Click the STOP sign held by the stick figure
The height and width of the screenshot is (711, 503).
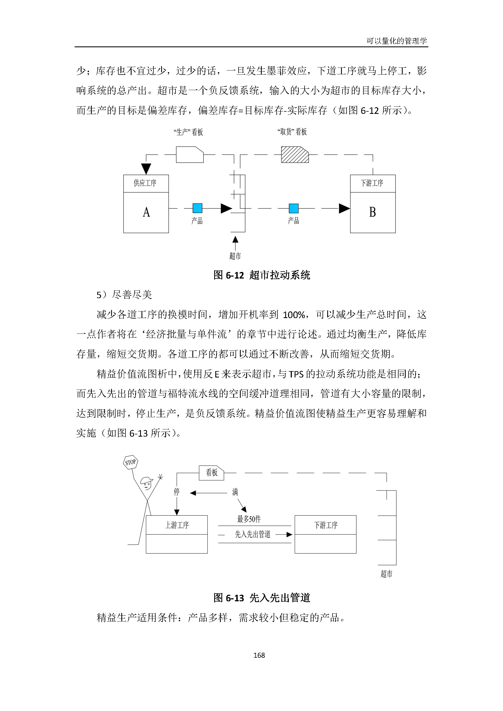coord(130,462)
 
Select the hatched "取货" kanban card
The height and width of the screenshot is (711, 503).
coord(295,154)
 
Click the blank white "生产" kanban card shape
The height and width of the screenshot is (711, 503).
coord(190,154)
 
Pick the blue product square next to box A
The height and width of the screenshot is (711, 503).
coord(197,208)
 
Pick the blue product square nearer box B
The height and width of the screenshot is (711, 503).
coord(293,208)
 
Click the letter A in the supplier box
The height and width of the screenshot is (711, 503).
coord(146,212)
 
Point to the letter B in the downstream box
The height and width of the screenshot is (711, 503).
coord(372,212)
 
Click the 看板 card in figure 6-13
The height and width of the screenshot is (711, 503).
coord(211,473)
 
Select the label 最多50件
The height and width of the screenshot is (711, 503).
coord(249,519)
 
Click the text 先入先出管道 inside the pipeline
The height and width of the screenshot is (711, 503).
coord(252,534)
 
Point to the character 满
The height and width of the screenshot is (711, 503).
coord(235,492)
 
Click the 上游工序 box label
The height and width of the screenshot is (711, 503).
coord(177,525)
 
